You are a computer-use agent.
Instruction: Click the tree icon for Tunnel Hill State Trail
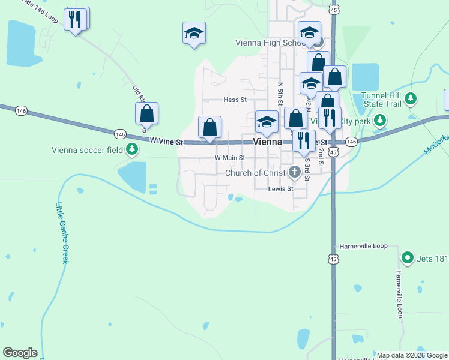click(x=411, y=98)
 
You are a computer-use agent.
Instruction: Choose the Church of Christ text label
click(x=255, y=173)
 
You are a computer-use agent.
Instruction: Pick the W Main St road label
click(x=230, y=158)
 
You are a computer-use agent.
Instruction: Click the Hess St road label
click(x=235, y=100)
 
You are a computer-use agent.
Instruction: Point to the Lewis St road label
click(x=280, y=188)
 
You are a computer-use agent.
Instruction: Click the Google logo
click(x=20, y=352)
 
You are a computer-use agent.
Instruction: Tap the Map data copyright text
click(x=411, y=355)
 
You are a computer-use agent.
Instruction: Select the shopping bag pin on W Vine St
click(x=210, y=128)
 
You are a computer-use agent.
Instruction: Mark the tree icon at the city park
click(x=379, y=121)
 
